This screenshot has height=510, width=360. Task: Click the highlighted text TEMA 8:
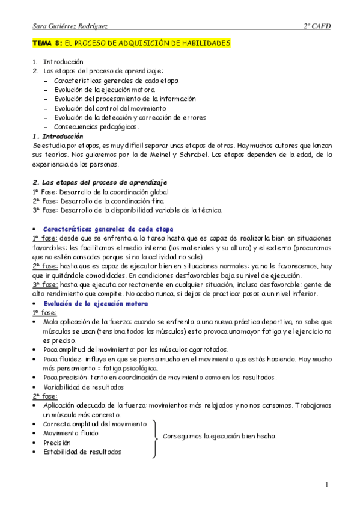tap(47, 44)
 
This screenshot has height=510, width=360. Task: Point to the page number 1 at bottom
tap(326, 484)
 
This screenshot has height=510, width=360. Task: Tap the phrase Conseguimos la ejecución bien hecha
tap(220, 437)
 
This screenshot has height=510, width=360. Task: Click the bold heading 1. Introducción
tap(58, 137)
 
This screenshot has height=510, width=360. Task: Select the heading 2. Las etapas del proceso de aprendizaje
tap(100, 182)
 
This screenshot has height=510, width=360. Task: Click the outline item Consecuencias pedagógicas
tap(96, 127)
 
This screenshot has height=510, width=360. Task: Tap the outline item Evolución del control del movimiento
tap(111, 108)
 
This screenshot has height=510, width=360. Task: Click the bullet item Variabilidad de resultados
tap(84, 387)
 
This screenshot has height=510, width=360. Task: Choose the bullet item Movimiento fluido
tap(71, 433)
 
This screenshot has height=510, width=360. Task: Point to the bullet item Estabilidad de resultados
tap(82, 452)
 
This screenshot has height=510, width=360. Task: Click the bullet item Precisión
tap(57, 443)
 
